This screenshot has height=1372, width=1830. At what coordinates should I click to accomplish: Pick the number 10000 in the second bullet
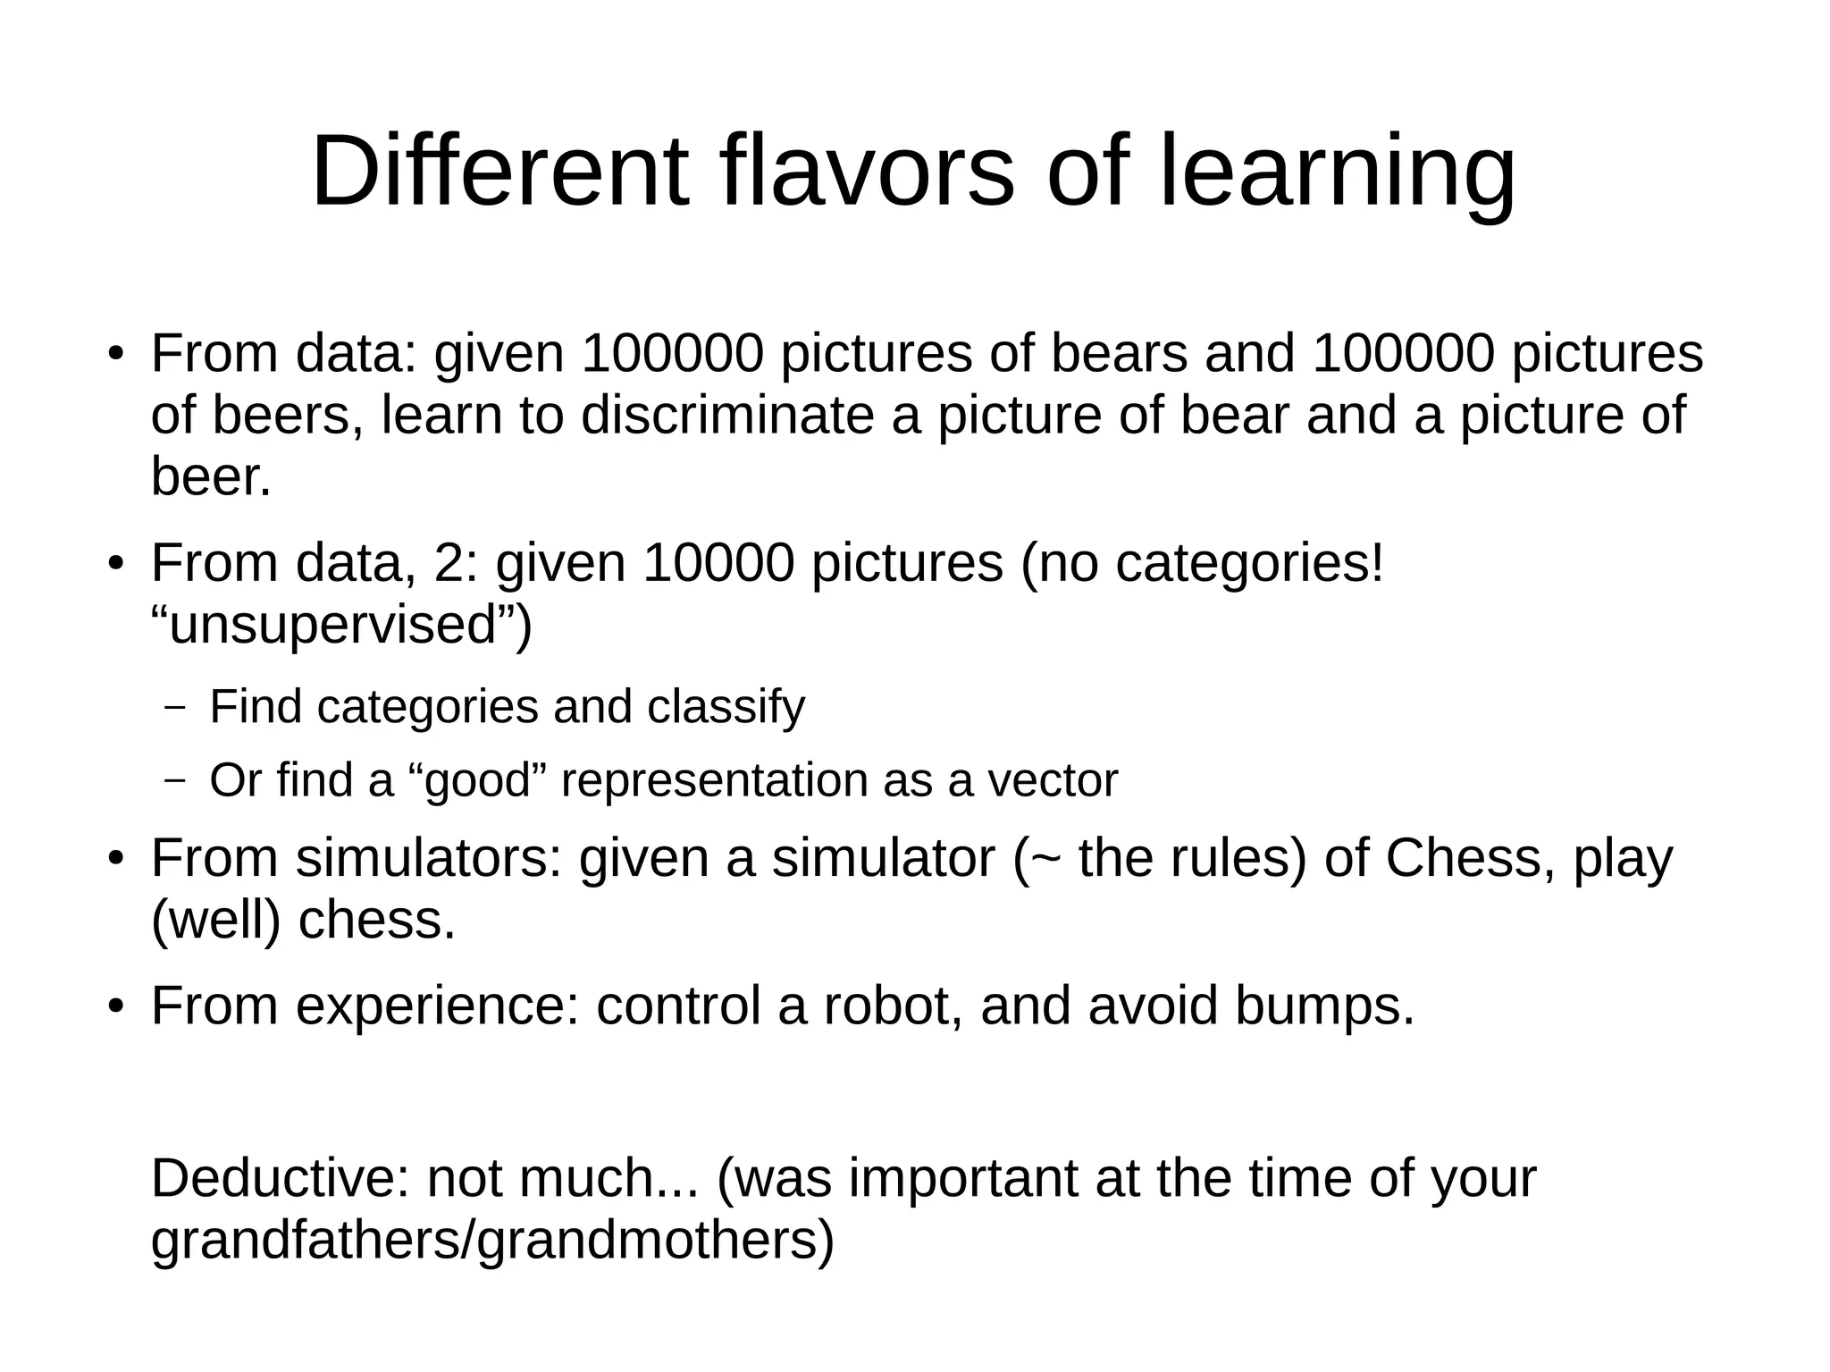(718, 563)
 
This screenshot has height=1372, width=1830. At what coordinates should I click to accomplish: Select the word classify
(726, 708)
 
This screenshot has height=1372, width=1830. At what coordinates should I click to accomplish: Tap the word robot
(893, 1006)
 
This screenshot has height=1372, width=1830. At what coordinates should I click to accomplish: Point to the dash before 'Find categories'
(175, 708)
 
